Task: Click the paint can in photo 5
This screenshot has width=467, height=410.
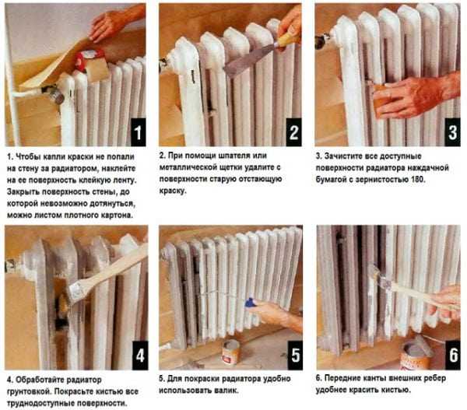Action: tap(231, 352)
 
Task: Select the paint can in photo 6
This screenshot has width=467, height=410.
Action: tap(415, 354)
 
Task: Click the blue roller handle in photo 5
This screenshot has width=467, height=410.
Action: tap(251, 302)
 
